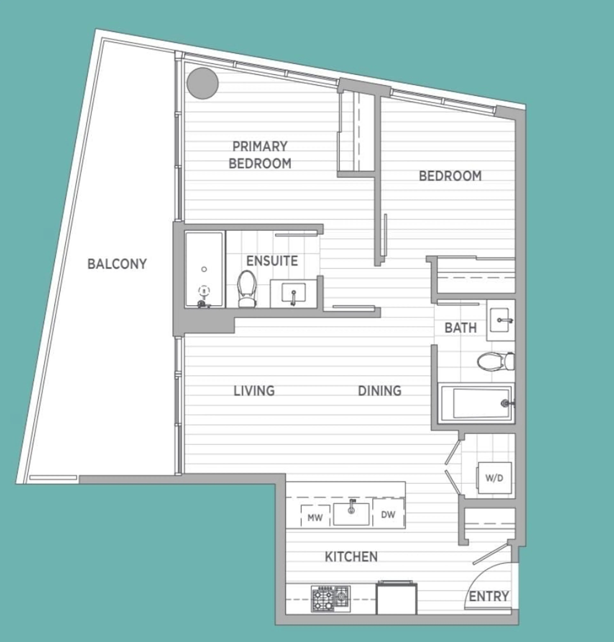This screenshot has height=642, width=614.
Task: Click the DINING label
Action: click(379, 391)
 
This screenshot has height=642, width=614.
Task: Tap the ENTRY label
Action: click(489, 596)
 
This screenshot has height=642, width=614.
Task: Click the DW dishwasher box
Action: click(388, 514)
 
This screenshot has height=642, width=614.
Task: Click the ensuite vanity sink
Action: click(293, 293)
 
